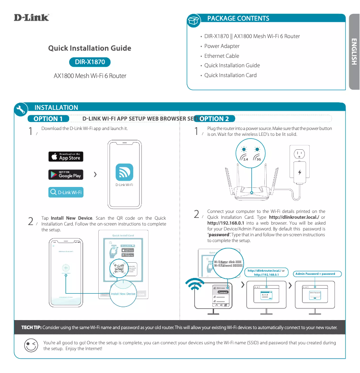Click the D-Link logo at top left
pyautogui.click(x=31, y=17)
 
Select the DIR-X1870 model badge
pyautogui.click(x=89, y=62)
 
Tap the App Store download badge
pyautogui.click(x=66, y=156)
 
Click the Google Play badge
pyautogui.click(x=66, y=174)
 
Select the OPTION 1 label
pyautogui.click(x=48, y=119)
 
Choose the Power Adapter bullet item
pyautogui.click(x=222, y=46)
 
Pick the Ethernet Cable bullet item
pyautogui.click(x=221, y=56)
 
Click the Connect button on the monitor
pyautogui.click(x=223, y=292)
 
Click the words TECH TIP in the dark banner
pyautogui.click(x=28, y=327)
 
